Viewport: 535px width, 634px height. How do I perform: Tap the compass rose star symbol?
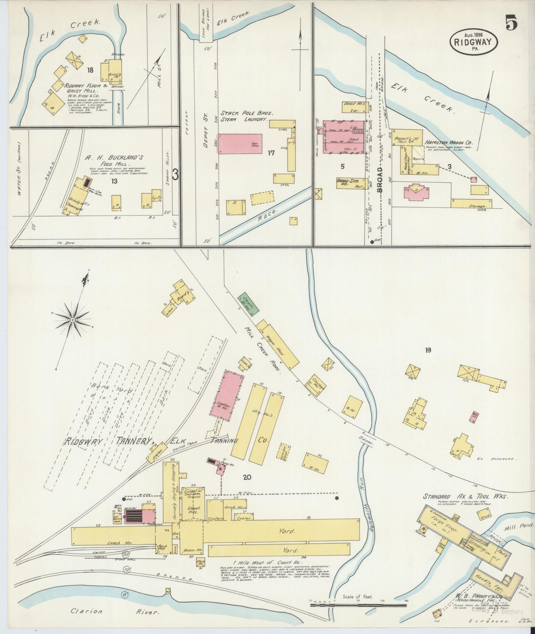pyautogui.click(x=72, y=319)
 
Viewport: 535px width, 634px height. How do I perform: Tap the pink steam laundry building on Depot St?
pyautogui.click(x=240, y=144)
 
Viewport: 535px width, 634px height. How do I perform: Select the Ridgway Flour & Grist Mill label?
pyautogui.click(x=86, y=88)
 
